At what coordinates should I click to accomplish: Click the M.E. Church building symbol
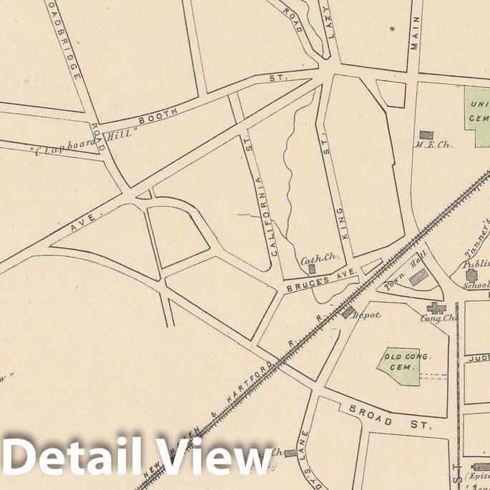[426, 134]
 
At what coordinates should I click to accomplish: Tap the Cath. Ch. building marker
[312, 269]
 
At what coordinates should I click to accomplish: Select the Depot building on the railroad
[348, 312]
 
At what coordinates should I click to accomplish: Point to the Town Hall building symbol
[418, 278]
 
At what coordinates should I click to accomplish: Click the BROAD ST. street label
[390, 418]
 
